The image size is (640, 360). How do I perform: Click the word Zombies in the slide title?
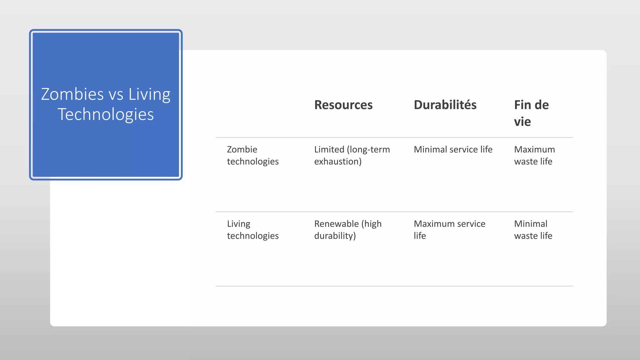click(72, 94)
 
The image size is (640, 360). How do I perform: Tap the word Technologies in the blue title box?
click(106, 114)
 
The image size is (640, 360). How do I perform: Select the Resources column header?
click(343, 105)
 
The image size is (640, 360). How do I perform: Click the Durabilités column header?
click(445, 105)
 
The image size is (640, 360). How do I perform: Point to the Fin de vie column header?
click(531, 113)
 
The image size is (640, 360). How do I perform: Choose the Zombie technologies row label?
click(252, 155)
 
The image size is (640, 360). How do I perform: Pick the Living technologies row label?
click(252, 230)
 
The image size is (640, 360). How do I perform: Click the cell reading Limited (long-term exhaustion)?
click(352, 155)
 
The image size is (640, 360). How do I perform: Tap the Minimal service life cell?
click(453, 150)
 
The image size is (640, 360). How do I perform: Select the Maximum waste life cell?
click(534, 155)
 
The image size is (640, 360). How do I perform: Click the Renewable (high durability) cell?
click(347, 230)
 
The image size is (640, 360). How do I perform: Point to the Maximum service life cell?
click(449, 230)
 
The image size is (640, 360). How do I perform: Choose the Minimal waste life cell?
click(533, 230)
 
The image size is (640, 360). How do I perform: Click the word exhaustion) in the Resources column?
click(337, 162)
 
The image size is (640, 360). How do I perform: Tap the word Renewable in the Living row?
click(336, 224)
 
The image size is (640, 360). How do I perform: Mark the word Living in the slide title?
click(149, 94)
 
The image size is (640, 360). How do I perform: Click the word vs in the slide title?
click(116, 94)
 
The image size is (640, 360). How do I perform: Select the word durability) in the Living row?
click(335, 236)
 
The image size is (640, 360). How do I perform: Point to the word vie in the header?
click(522, 122)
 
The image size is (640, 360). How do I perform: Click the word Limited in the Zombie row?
click(329, 150)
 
